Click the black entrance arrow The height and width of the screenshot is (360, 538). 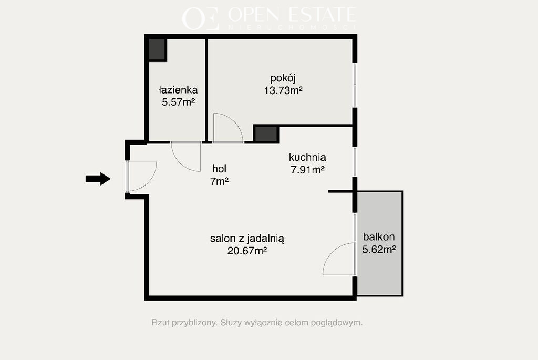[x=98, y=179]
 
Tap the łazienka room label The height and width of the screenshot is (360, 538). [x=178, y=90]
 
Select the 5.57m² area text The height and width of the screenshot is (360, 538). [x=179, y=102]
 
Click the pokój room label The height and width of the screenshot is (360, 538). [x=283, y=79]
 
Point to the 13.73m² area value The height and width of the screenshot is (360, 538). [x=283, y=90]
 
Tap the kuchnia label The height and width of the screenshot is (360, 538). [x=307, y=157]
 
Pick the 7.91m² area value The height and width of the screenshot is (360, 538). [x=308, y=170]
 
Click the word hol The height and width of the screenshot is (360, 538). [x=219, y=169]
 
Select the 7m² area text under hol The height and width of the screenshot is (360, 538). [x=220, y=181]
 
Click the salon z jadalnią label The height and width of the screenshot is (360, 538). [x=247, y=239]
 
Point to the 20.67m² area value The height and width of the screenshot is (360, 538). [x=247, y=251]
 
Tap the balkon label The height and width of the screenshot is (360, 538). [x=379, y=237]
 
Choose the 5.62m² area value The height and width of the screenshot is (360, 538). [x=379, y=249]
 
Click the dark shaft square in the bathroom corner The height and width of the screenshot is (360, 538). [x=158, y=50]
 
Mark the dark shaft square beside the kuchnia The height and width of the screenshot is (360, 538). [x=266, y=134]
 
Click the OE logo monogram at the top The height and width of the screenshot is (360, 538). [x=200, y=18]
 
